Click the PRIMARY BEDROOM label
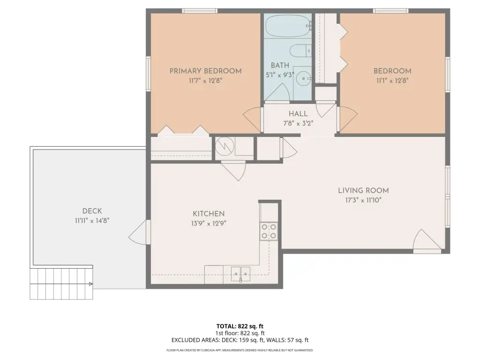[205, 71]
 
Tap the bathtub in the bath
[288, 26]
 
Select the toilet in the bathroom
[300, 51]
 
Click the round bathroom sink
[304, 79]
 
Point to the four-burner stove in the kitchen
[269, 231]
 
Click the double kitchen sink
[240, 274]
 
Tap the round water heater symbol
[225, 146]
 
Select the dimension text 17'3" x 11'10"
[363, 200]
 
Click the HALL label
[298, 114]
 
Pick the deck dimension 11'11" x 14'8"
[92, 220]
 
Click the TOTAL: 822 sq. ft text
[240, 326]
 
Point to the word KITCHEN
[209, 214]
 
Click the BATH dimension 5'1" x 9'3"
[280, 75]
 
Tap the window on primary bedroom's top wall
[200, 11]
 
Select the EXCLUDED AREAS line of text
[240, 340]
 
